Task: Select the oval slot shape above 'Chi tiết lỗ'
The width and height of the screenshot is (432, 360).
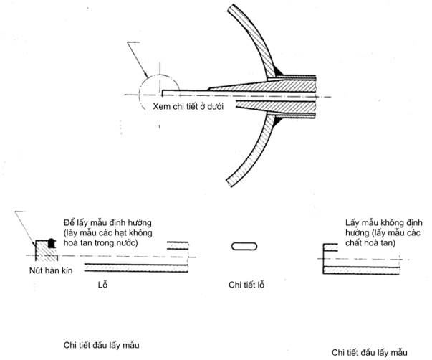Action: (x=244, y=246)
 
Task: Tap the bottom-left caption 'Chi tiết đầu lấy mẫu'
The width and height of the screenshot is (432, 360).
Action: (x=100, y=344)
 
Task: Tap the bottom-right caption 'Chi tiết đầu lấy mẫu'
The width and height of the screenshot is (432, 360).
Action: (x=369, y=352)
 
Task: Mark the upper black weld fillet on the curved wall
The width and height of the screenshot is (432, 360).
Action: (x=276, y=70)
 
